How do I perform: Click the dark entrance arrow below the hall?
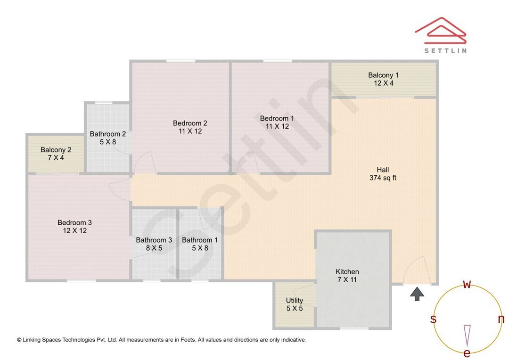417,294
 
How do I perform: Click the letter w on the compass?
467,284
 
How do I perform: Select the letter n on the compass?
501,319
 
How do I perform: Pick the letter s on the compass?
433,319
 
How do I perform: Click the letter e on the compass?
467,353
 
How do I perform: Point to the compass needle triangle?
467,335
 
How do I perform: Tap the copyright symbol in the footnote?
19,340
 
